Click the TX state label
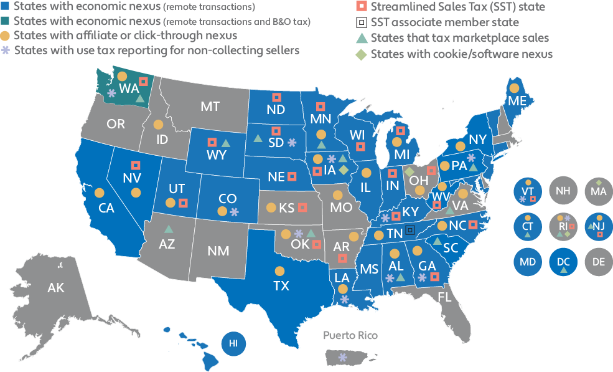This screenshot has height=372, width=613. [281, 286]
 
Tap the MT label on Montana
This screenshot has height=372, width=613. [210, 107]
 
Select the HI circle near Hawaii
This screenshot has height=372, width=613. [233, 343]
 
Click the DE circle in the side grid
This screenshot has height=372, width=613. [598, 262]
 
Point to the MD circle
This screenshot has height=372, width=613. [527, 262]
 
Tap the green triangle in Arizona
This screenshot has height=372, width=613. [168, 229]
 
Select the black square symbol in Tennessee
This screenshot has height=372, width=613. [409, 230]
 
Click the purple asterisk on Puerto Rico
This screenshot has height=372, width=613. [342, 358]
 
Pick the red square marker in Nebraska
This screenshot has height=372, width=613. [292, 176]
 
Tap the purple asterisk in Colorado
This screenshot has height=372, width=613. [235, 212]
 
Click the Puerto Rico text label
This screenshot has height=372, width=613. [350, 336]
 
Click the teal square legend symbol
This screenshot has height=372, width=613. [5, 22]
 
